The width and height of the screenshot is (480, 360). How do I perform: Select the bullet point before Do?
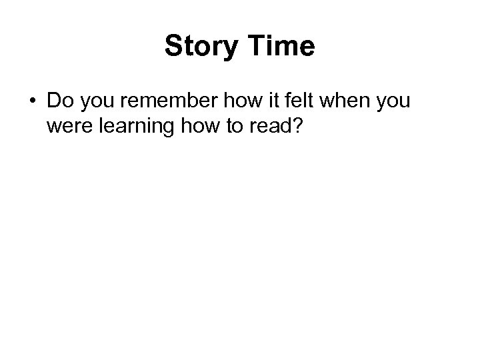32,103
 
